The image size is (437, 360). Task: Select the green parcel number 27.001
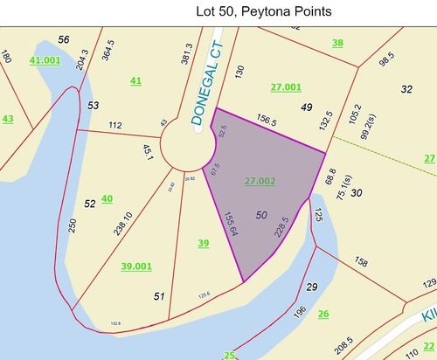click(x=285, y=87)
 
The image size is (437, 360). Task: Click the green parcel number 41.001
click(x=45, y=60)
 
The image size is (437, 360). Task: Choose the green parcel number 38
click(x=337, y=43)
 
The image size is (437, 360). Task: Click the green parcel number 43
click(x=8, y=119)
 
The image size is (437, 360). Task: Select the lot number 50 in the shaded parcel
click(x=262, y=214)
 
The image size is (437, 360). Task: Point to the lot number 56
click(x=63, y=40)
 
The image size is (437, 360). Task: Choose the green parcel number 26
click(x=323, y=314)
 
